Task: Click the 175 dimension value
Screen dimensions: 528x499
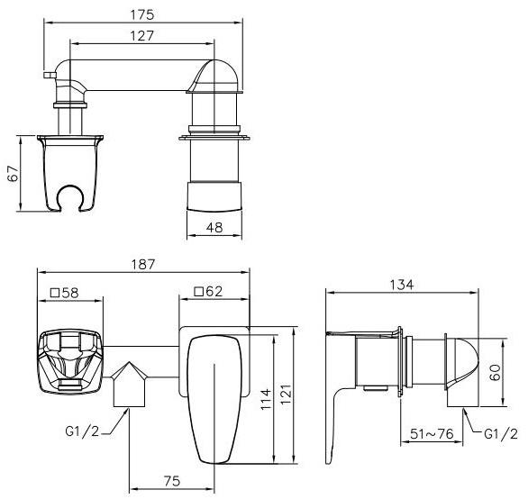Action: pos(142,14)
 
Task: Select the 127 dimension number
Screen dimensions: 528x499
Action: pos(141,36)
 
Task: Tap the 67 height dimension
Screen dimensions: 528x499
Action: pos(14,174)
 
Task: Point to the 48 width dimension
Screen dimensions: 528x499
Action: pos(214,228)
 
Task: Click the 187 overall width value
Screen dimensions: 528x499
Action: pos(143,264)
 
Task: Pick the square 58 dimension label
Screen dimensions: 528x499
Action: pos(64,293)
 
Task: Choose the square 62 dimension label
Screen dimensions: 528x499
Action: pos(209,291)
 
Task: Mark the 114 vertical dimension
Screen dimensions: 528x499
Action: pos(266,399)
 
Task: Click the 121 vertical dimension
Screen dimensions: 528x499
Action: pos(286,395)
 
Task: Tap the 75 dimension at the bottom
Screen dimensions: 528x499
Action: pos(172,481)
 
